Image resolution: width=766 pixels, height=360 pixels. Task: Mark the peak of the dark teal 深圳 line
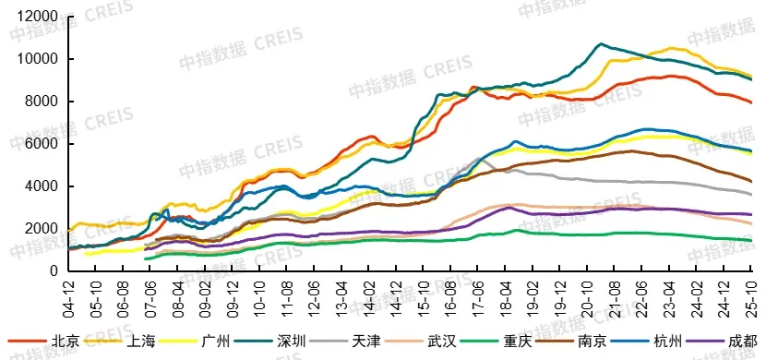pos(601,43)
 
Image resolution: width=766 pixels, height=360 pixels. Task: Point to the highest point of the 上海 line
pos(670,48)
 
